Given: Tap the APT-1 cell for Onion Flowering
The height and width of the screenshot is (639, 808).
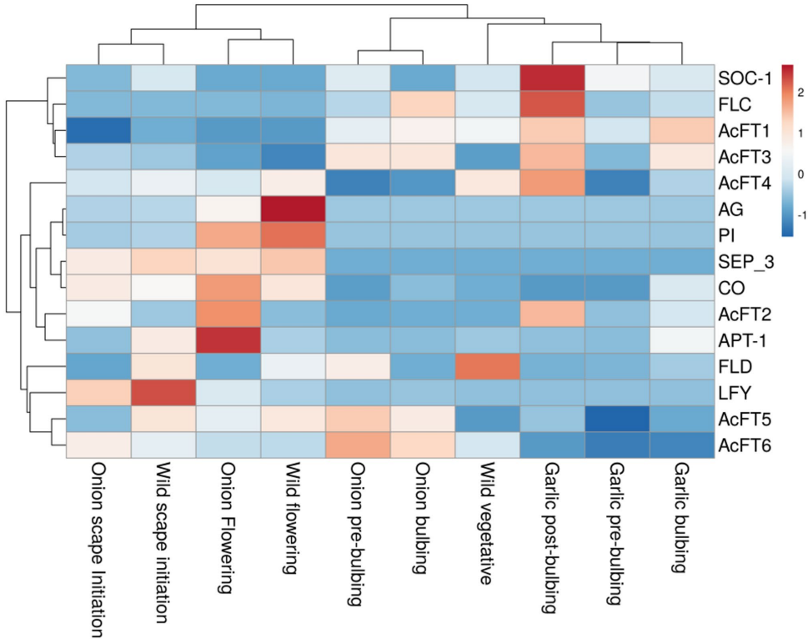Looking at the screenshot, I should [228, 340].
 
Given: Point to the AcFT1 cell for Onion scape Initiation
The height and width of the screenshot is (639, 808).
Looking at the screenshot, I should [98, 130].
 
